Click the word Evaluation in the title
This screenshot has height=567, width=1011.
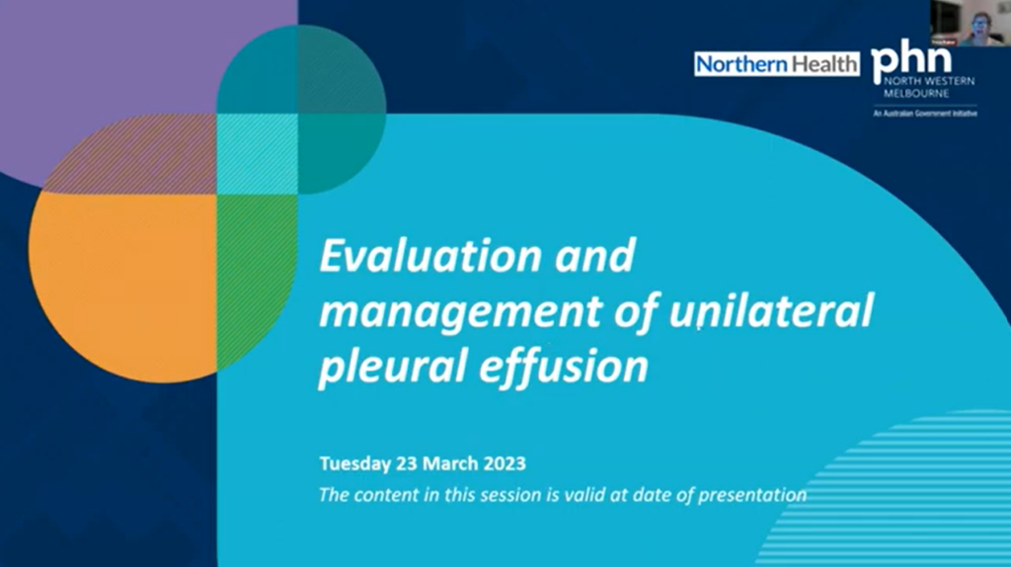430,256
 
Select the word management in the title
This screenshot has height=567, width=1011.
461,311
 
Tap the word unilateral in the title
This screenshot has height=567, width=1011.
771,309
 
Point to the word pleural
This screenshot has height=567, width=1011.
391,365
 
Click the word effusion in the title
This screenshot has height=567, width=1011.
564,364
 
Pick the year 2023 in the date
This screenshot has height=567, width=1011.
505,464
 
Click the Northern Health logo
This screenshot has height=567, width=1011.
777,64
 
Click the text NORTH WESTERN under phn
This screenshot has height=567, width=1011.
929,82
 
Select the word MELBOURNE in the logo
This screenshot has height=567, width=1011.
916,94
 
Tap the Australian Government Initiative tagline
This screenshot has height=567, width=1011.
925,114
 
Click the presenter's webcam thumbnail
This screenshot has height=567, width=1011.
971,24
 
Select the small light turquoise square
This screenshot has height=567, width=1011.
258,153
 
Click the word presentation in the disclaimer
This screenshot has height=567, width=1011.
752,496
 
